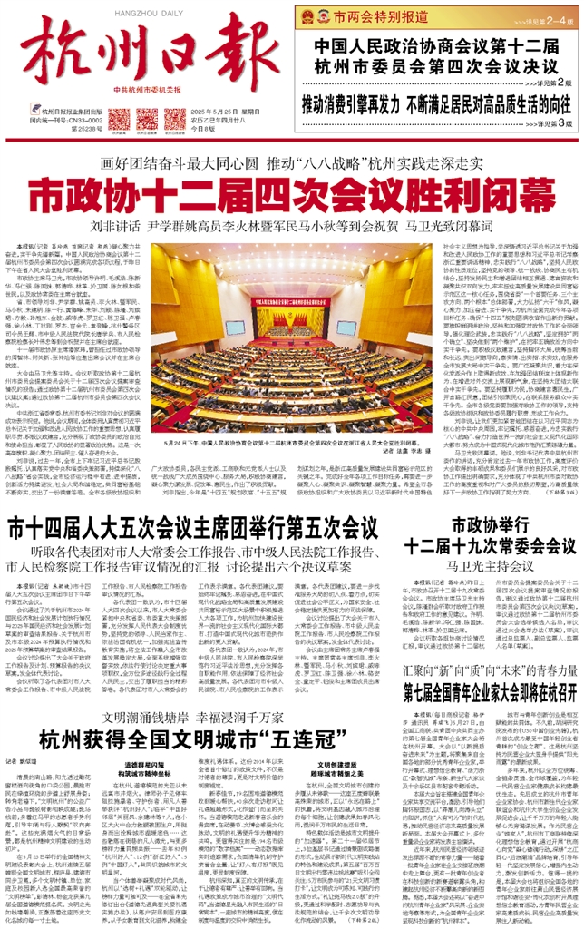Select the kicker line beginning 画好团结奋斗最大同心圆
pos(291,139)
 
